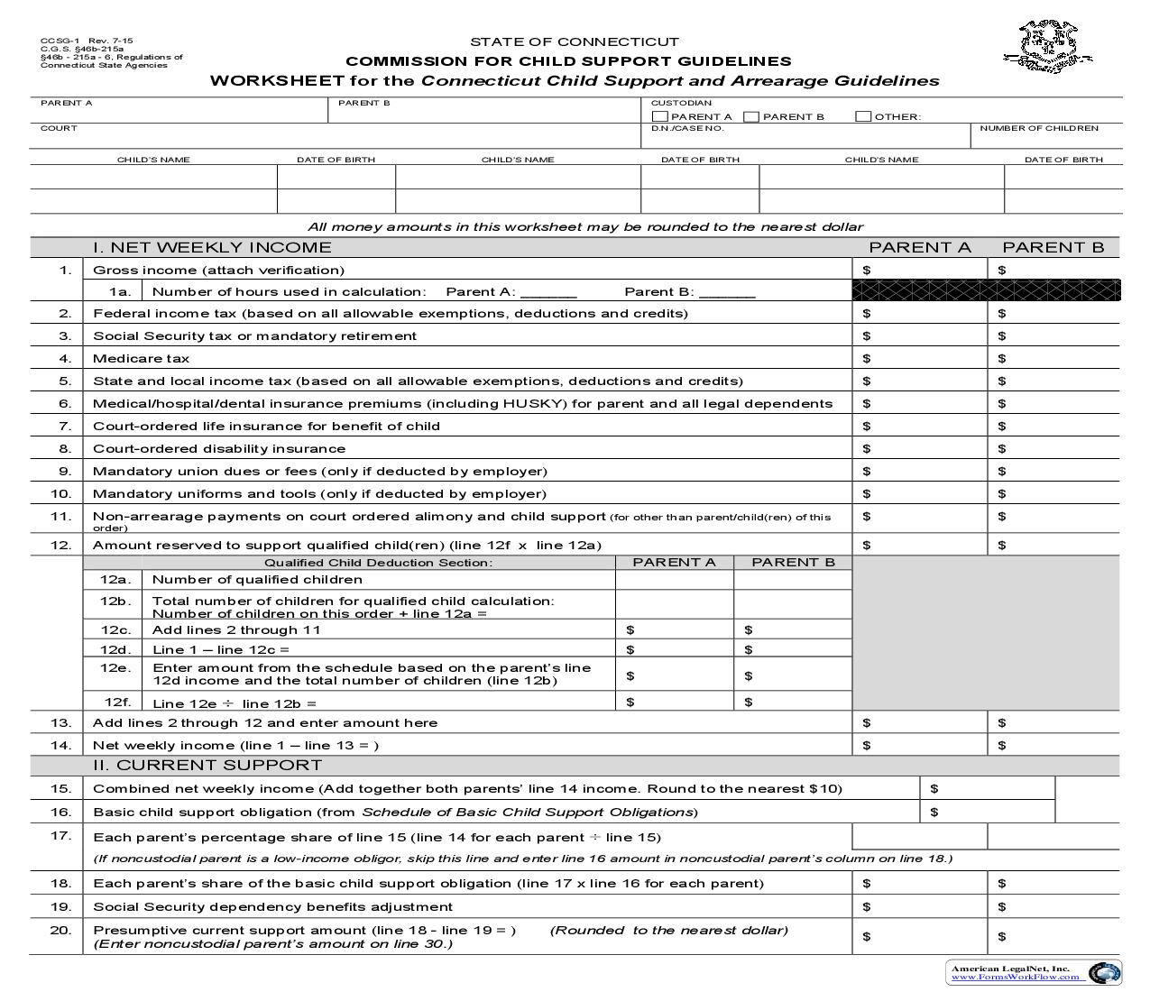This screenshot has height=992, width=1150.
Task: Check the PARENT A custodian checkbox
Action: coord(659,116)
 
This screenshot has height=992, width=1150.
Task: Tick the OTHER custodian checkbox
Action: coord(863,116)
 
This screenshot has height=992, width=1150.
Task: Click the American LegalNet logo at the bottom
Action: coord(1035,972)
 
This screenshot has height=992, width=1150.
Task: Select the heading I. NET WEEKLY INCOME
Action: coord(212,247)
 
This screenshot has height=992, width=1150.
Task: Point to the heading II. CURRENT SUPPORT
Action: coord(207,765)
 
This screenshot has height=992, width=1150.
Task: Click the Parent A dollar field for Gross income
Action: coord(920,270)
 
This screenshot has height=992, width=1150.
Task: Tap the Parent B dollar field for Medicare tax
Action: coord(1055,358)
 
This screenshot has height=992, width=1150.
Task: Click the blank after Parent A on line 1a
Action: coord(548,291)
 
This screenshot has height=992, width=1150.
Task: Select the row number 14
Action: coord(60,745)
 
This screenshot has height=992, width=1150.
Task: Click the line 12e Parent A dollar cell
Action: coord(675,675)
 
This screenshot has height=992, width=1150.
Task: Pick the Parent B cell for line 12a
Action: coord(793,580)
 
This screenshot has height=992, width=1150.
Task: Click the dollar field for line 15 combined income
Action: coord(988,788)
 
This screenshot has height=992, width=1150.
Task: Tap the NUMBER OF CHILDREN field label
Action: coord(1039,128)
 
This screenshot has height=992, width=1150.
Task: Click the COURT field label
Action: coord(59,128)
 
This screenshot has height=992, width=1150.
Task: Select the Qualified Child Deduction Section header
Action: coord(378,563)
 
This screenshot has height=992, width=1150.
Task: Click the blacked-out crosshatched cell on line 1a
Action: coord(986,290)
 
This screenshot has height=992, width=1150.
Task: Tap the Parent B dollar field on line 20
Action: coord(1055,936)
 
